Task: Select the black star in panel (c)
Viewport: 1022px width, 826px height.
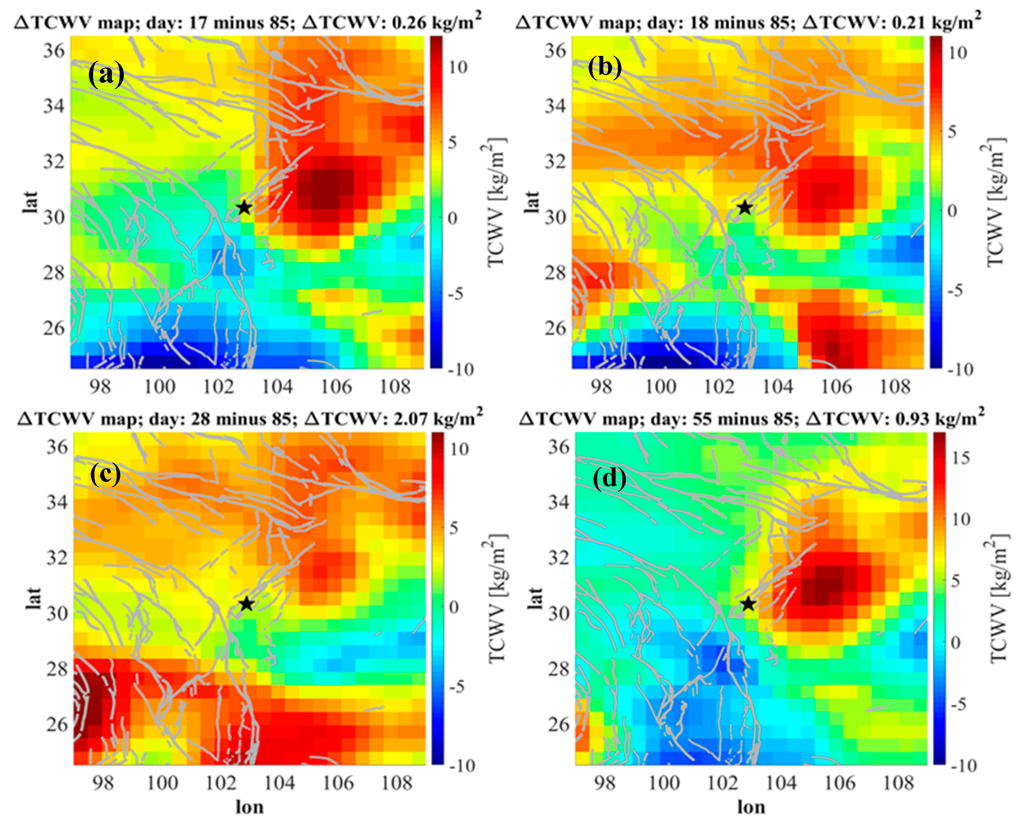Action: point(246,604)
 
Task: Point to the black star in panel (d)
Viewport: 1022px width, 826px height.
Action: point(748,604)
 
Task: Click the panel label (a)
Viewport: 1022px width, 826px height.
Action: point(106,75)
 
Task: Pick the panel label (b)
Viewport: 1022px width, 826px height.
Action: point(605,68)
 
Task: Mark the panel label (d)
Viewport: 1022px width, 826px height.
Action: point(609,479)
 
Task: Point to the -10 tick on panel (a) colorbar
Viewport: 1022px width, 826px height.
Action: point(461,369)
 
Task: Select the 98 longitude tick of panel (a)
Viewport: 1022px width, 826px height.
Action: point(100,386)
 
